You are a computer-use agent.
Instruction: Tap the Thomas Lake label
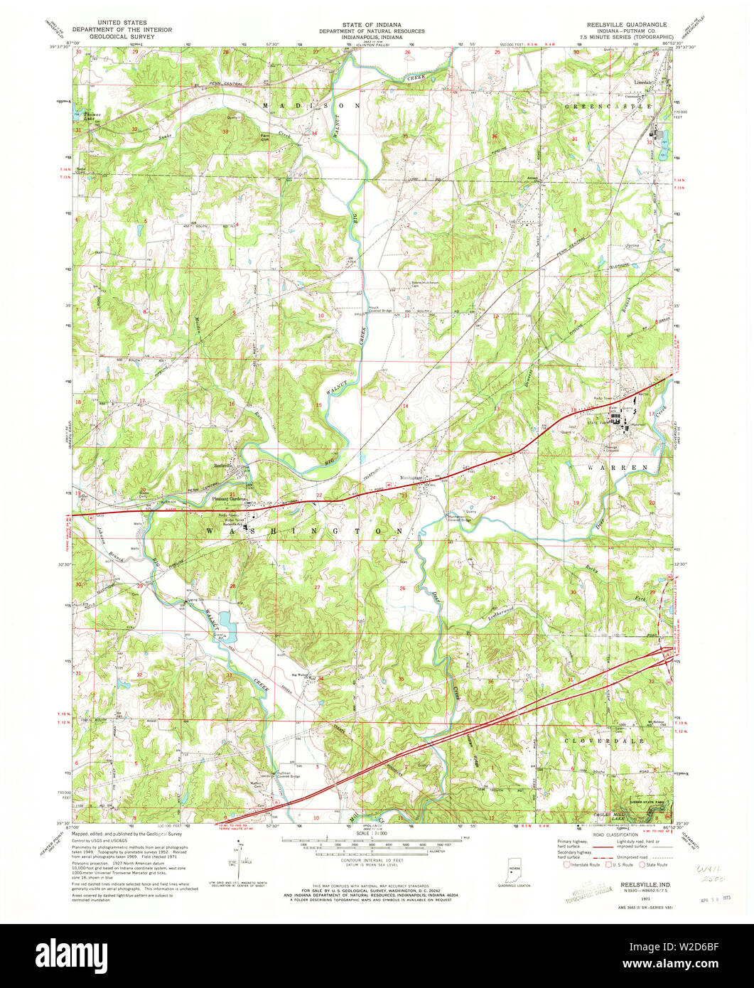pos(85,117)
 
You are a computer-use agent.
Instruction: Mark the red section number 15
pos(319,405)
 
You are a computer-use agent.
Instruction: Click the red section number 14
pos(406,405)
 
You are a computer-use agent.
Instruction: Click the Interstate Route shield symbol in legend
pos(566,866)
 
